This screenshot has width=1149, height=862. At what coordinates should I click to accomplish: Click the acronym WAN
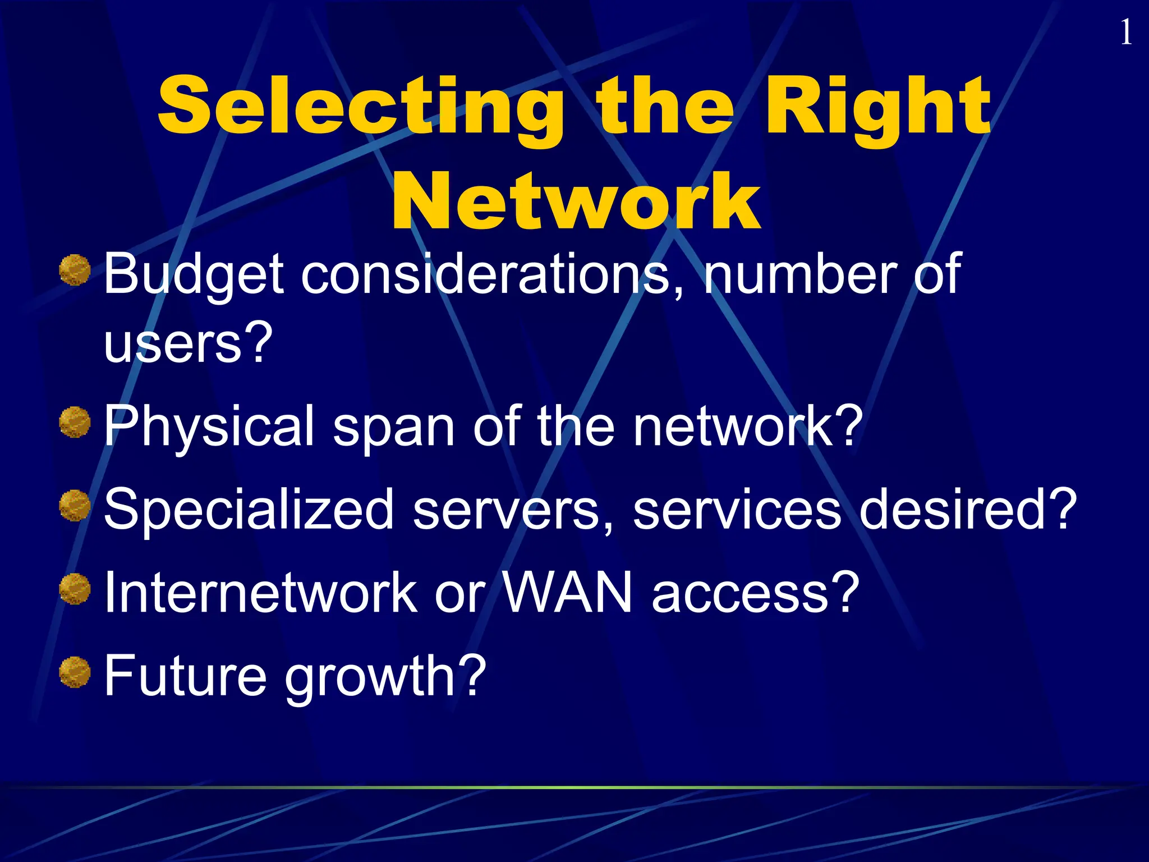(567, 592)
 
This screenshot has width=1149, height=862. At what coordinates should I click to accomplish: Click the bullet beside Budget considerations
(75, 270)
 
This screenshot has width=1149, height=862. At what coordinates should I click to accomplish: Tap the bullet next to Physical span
(75, 423)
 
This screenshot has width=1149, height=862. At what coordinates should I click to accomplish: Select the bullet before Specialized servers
(75, 506)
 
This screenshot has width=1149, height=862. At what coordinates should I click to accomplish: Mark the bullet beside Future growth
(75, 672)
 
